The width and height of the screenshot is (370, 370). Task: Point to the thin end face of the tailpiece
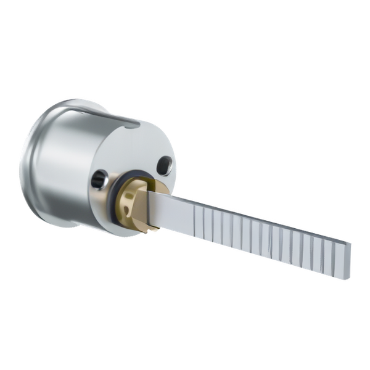click(348, 259)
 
